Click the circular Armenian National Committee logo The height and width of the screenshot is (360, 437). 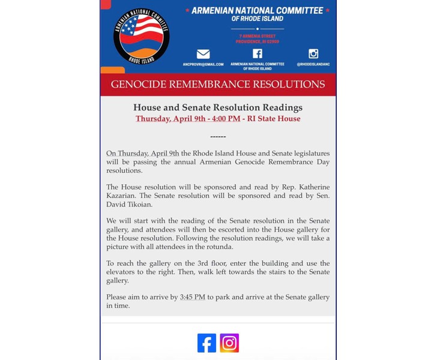[x=141, y=36]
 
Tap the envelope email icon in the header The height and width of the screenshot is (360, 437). [x=203, y=54]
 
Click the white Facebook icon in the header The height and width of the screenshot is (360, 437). [x=257, y=53]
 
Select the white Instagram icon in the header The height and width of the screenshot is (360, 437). [x=313, y=53]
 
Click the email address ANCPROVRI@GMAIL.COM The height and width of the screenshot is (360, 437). [x=203, y=64]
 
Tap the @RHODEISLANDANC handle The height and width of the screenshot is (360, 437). [x=313, y=64]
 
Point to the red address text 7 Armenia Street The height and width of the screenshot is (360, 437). [x=257, y=37]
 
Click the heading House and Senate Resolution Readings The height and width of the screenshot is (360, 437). [x=218, y=107]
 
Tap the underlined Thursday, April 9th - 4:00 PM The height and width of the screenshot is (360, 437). [x=188, y=119]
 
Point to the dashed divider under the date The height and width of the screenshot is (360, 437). [x=218, y=137]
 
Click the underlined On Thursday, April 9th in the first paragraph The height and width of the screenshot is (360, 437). [x=142, y=154]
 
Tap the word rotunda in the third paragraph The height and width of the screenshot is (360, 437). [x=218, y=247]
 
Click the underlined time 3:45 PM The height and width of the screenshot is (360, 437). [x=192, y=297]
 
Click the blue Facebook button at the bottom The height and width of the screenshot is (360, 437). [x=206, y=343]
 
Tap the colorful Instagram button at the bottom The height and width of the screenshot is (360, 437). [x=229, y=343]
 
